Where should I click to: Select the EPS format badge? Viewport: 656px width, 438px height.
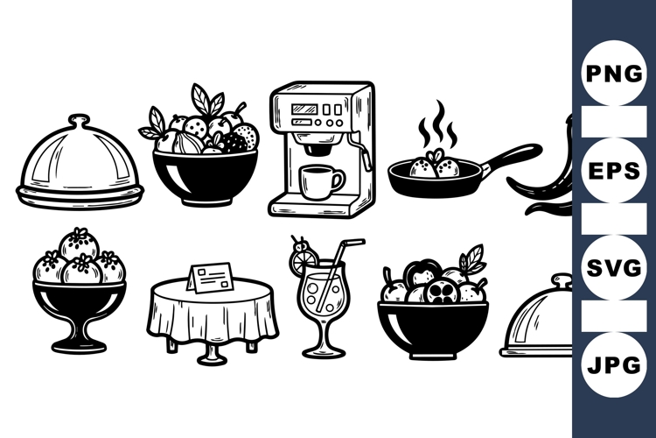[614, 170]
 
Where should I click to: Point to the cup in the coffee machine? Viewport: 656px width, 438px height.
[320, 181]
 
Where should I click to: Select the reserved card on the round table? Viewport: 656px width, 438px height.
[209, 279]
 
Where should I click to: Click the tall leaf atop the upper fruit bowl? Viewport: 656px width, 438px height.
[201, 99]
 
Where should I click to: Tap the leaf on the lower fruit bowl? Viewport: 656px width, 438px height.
[473, 258]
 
